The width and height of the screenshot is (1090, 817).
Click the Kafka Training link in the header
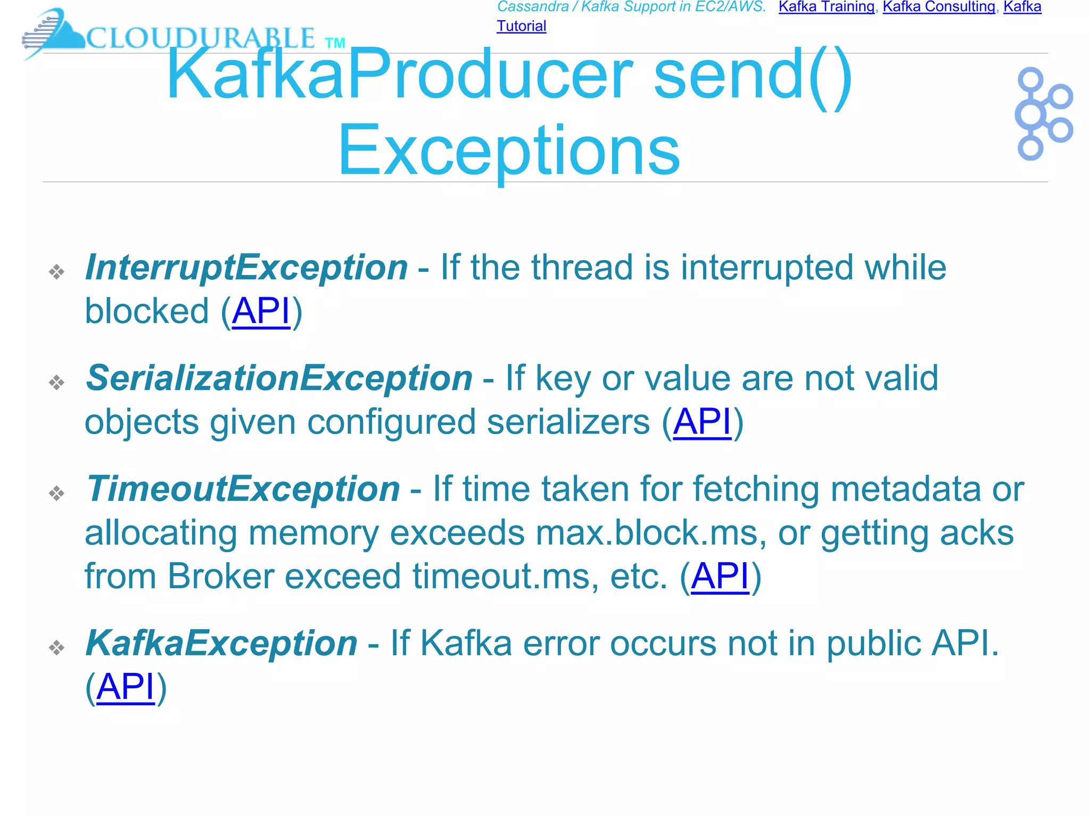tap(826, 7)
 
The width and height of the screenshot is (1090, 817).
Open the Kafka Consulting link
tap(939, 7)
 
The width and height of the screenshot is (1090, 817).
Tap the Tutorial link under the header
tap(521, 26)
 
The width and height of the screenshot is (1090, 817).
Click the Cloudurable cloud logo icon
tap(53, 33)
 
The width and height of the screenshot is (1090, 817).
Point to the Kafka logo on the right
tap(1043, 113)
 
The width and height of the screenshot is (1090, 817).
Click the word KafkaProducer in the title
tap(399, 74)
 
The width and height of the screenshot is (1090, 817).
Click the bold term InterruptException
tap(246, 267)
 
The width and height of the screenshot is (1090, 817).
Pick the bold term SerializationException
tap(279, 378)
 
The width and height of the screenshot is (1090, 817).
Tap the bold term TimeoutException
tap(243, 489)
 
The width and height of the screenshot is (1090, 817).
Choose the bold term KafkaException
tap(221, 643)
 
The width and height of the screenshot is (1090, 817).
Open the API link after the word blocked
tap(261, 311)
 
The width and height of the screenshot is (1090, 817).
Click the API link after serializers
tap(702, 422)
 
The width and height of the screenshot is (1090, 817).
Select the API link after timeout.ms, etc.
tap(720, 576)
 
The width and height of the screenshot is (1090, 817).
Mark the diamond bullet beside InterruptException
tap(56, 272)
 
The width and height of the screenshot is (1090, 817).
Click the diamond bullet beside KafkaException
tap(56, 647)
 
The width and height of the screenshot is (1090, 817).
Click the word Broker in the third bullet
tap(220, 576)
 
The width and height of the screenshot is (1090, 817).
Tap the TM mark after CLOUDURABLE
tap(335, 43)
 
